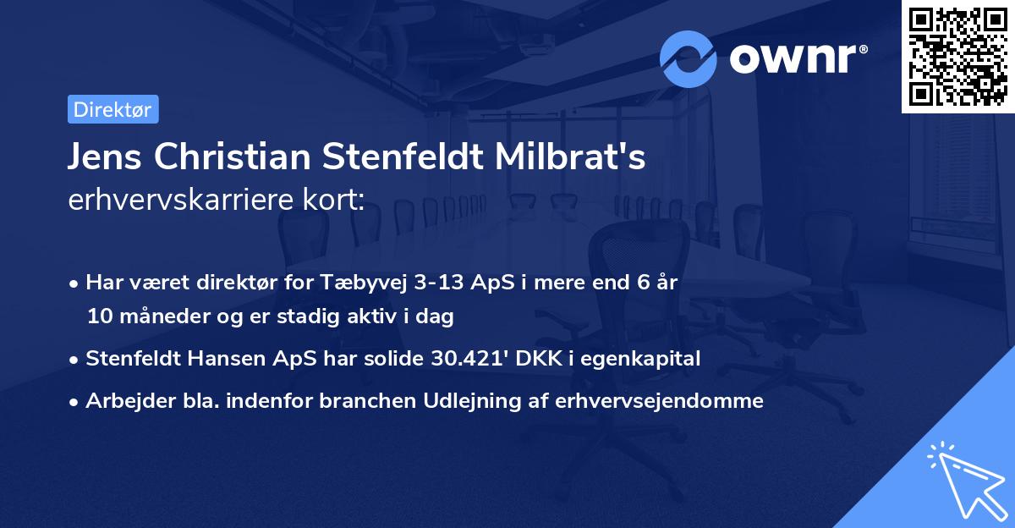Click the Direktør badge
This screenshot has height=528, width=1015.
coord(112,109)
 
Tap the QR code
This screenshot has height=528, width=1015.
coord(958,57)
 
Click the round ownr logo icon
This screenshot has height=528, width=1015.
coord(689,58)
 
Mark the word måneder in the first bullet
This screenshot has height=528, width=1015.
coord(157,316)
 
